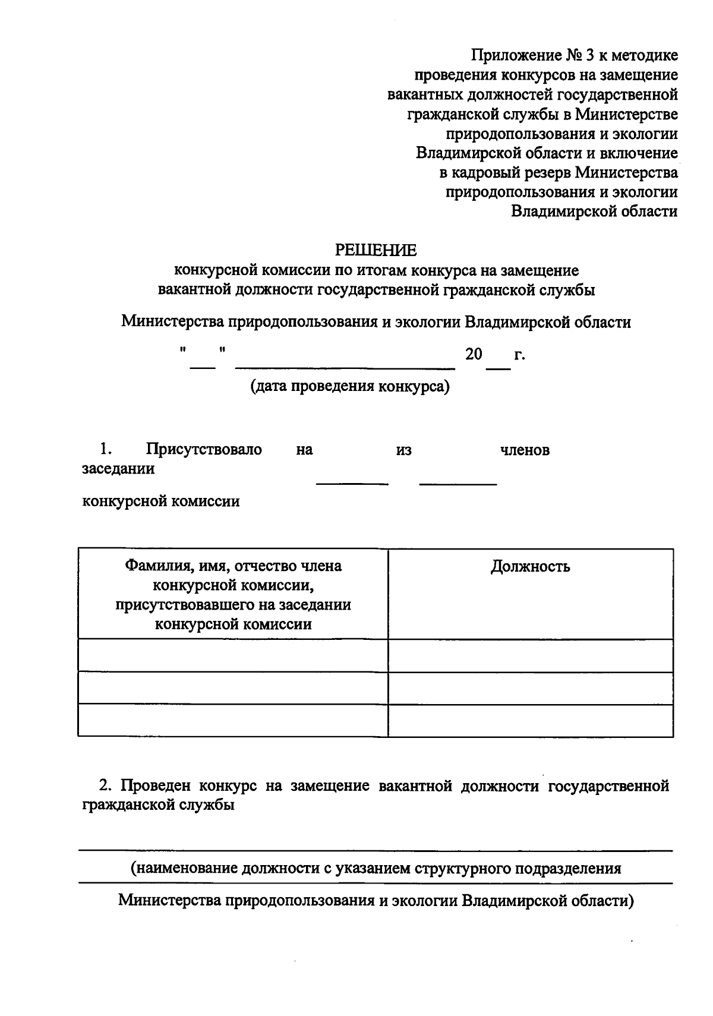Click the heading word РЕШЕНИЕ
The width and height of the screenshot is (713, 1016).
(x=376, y=250)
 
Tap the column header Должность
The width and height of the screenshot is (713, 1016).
(x=530, y=566)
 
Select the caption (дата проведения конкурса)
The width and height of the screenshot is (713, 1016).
(x=350, y=386)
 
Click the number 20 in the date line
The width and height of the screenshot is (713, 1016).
(x=474, y=355)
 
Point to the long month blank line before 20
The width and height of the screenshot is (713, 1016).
(x=345, y=368)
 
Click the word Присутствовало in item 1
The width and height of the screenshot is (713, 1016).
(x=204, y=449)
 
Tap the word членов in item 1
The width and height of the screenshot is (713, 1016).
(x=525, y=450)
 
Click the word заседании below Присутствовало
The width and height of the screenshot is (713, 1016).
(x=118, y=469)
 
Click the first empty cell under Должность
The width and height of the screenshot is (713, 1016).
(x=530, y=655)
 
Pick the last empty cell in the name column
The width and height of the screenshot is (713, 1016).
(x=232, y=720)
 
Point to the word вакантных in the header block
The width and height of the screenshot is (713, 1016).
(x=425, y=95)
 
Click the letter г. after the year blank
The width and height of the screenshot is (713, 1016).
(x=520, y=355)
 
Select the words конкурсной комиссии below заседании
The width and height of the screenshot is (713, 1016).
(x=160, y=501)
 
